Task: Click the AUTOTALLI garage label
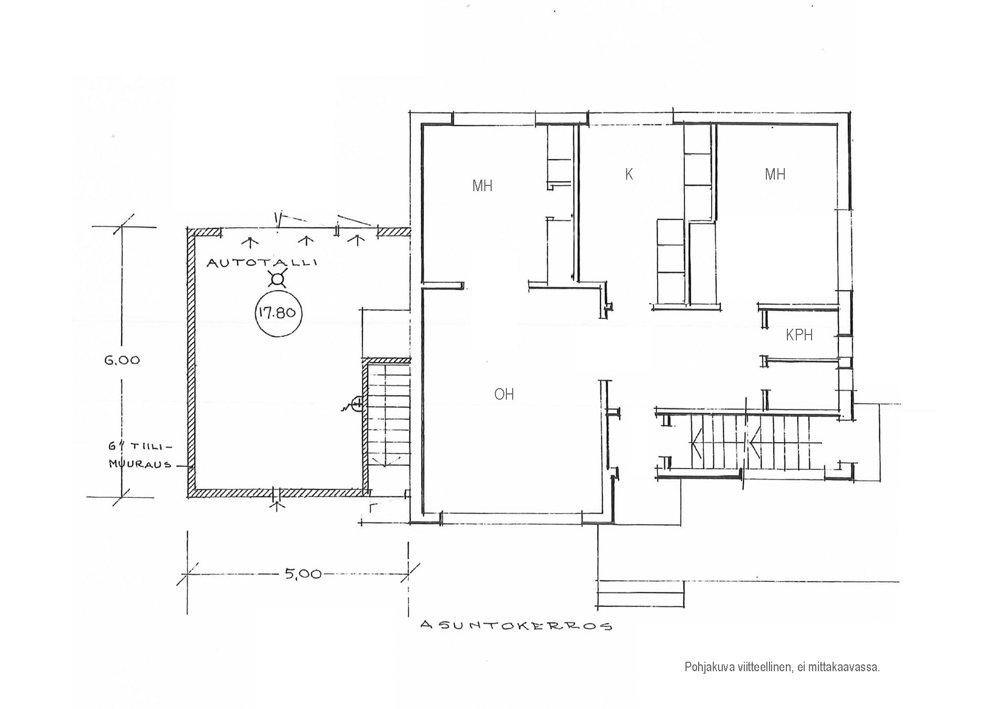262,262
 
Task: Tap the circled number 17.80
277,314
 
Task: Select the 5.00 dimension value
303,574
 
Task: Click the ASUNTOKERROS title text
517,625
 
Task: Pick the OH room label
504,394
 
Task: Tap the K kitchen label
629,174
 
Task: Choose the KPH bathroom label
799,335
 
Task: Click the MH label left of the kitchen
482,185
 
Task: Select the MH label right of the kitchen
775,174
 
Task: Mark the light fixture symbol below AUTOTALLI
277,278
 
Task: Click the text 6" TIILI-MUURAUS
140,455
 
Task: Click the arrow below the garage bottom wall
277,506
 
